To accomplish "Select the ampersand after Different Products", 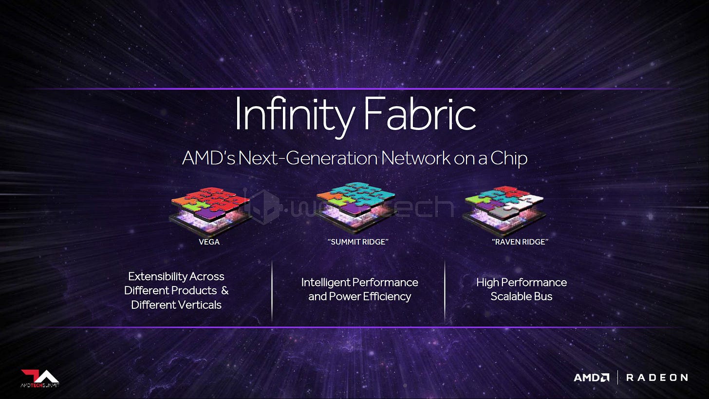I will tap(224, 291).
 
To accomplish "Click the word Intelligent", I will tap(325, 283).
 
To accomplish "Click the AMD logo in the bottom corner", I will tap(591, 378).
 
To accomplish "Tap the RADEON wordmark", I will tap(656, 378).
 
